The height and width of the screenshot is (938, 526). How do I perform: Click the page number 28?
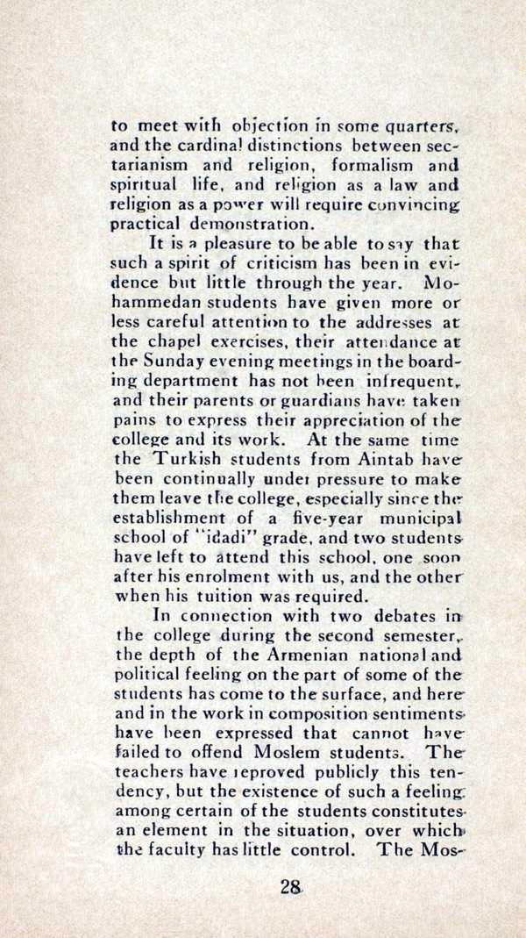pyautogui.click(x=291, y=886)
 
